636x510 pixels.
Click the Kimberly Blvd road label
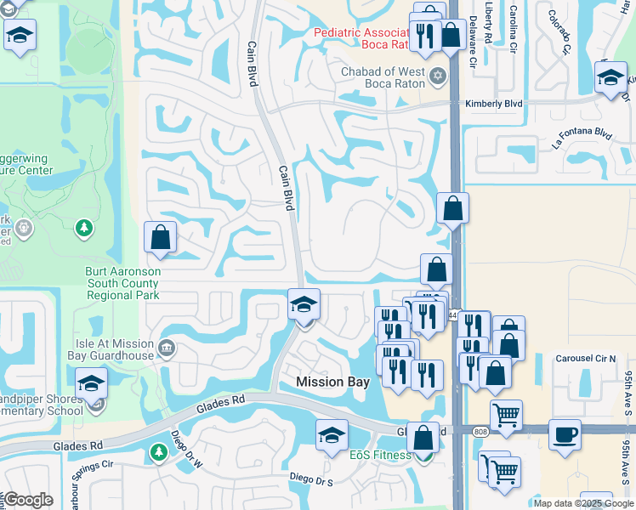[493, 103]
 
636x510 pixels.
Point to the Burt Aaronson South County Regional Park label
[123, 283]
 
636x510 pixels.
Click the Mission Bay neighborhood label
[332, 382]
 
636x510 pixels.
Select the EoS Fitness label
[380, 455]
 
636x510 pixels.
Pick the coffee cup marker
[565, 434]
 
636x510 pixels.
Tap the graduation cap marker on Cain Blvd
[304, 304]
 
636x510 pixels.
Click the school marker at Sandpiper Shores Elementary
[92, 383]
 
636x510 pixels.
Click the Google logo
[28, 500]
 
